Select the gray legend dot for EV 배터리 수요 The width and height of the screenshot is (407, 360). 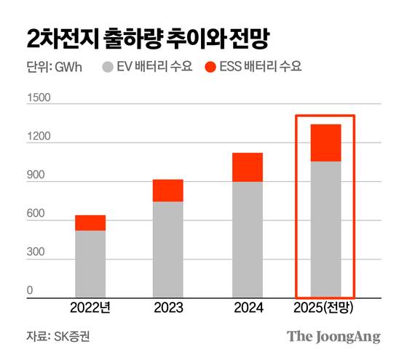click(106, 68)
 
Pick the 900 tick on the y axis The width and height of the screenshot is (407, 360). click(36, 175)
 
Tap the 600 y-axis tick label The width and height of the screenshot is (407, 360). click(36, 214)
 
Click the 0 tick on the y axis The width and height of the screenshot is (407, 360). click(31, 291)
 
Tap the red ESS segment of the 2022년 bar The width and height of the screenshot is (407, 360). click(90, 223)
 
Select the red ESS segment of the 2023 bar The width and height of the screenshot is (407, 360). click(168, 191)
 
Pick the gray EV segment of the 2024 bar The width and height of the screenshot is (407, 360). click(248, 239)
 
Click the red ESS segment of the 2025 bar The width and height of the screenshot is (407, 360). click(325, 143)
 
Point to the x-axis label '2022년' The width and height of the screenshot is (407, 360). click(90, 308)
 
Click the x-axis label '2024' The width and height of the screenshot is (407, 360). click(248, 308)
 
